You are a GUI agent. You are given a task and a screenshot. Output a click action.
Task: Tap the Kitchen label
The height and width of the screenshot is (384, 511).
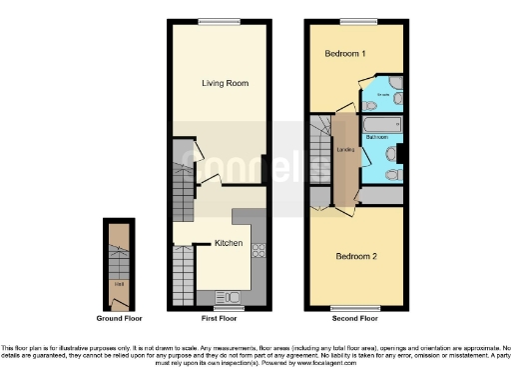point(229,243)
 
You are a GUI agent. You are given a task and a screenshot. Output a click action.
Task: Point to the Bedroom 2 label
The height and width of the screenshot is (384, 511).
point(355,256)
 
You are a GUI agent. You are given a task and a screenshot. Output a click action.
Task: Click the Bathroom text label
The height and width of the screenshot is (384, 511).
point(377,136)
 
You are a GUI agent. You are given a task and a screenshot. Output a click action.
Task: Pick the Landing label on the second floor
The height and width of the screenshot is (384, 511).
point(346,150)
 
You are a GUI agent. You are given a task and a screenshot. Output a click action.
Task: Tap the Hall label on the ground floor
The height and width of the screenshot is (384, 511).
point(119,283)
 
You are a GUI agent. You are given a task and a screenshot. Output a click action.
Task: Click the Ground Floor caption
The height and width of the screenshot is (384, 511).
point(119,319)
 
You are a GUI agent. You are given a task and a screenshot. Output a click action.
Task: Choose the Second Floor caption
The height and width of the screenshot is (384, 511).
point(355,319)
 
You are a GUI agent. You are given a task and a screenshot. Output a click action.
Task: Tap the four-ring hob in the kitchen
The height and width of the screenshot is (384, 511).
point(257,251)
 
